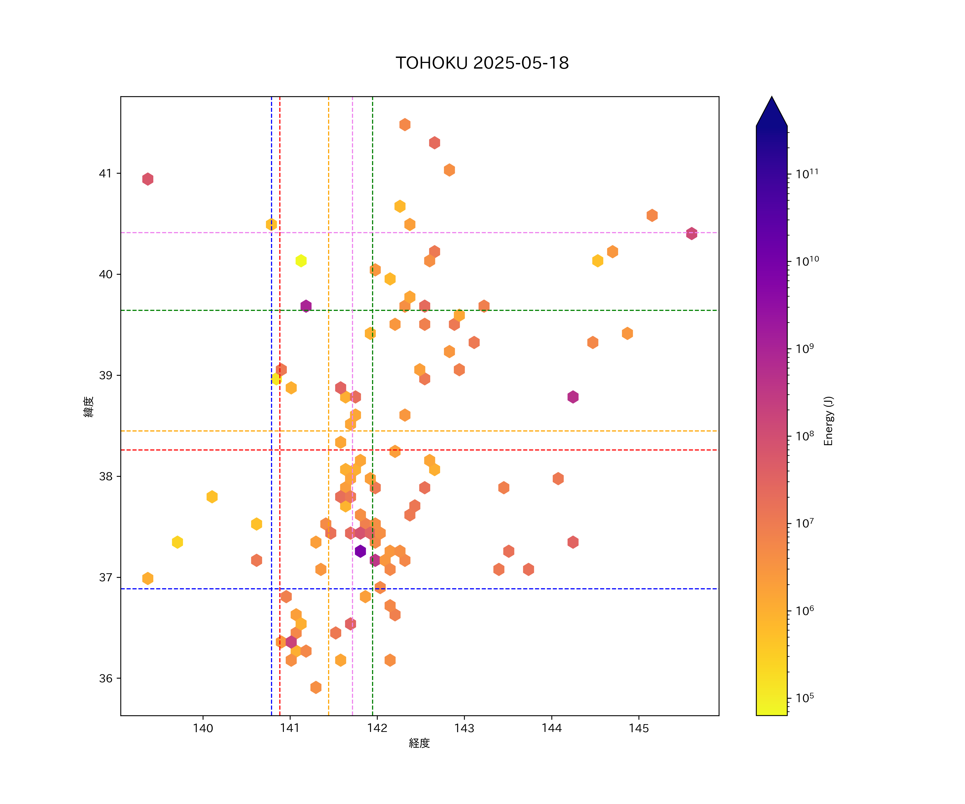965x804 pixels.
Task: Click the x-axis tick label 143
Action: [x=464, y=728]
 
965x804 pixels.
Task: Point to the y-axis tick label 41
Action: [x=106, y=174]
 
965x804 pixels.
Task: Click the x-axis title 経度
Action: [x=419, y=743]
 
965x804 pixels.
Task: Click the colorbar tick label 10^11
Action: [x=807, y=174]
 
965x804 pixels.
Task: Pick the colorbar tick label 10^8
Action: [x=805, y=435]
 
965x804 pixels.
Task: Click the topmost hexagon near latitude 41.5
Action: [x=405, y=125]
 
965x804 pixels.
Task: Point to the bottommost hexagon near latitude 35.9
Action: [x=316, y=687]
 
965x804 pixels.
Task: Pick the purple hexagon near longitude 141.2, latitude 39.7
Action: [x=306, y=306]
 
